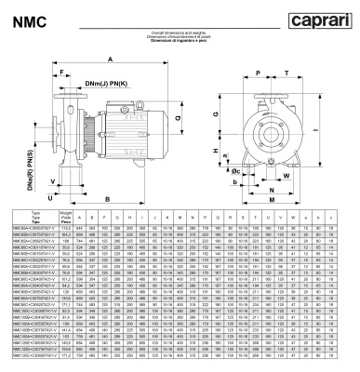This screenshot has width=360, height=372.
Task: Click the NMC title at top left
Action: pyautogui.click(x=24, y=19)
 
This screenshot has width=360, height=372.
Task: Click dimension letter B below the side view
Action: pyautogui.click(x=108, y=198)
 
